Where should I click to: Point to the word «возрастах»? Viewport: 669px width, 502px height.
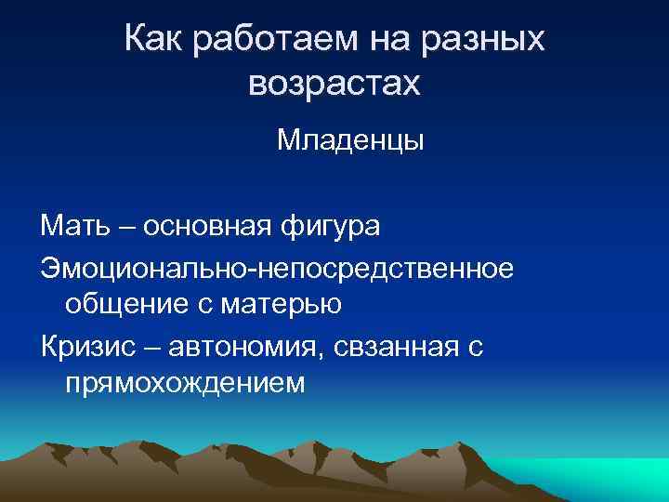click(x=334, y=85)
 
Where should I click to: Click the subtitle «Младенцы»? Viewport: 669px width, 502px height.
click(x=349, y=141)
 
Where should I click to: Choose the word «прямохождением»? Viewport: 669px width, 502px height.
click(x=185, y=382)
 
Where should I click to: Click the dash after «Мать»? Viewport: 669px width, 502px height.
click(x=116, y=226)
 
